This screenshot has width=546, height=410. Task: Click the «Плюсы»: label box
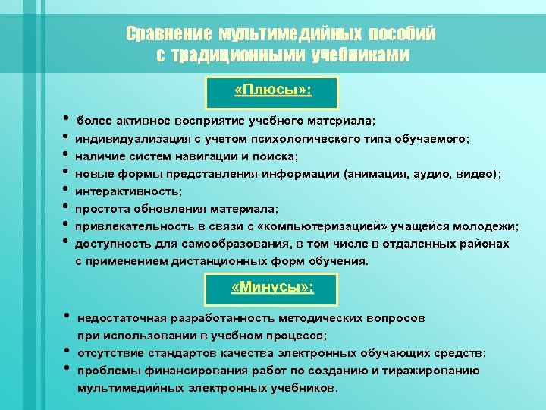[x=272, y=91]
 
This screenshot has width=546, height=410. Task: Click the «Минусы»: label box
[x=272, y=288]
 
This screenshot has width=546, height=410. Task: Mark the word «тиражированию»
[x=435, y=371]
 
